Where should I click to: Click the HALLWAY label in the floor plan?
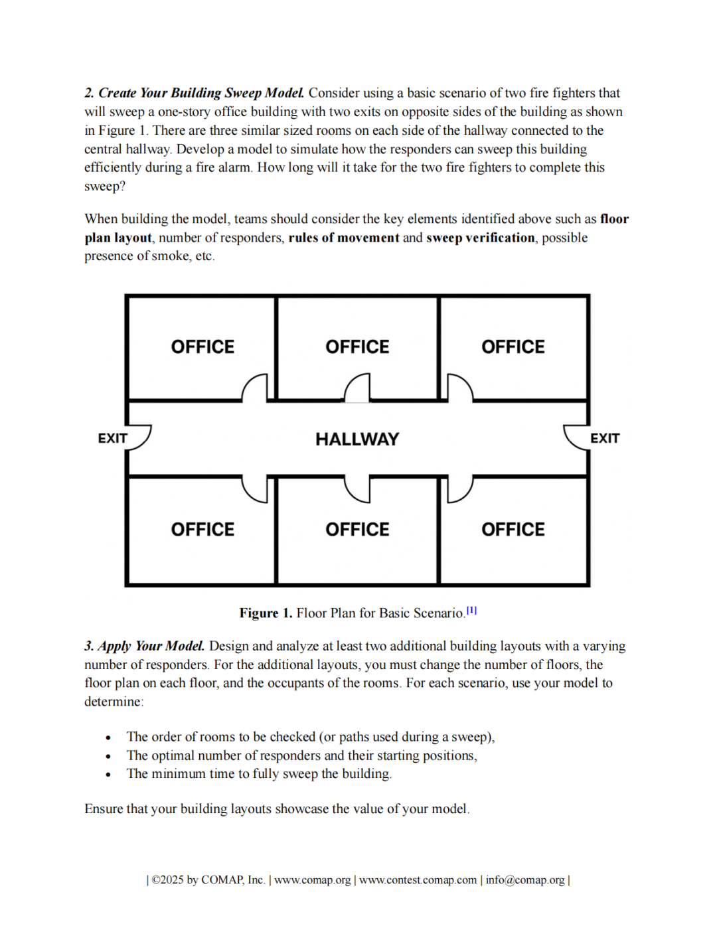click(357, 439)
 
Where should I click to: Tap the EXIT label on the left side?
click(112, 439)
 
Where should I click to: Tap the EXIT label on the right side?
click(605, 439)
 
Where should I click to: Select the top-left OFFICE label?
click(202, 347)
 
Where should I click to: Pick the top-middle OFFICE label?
click(357, 347)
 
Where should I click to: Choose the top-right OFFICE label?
click(513, 347)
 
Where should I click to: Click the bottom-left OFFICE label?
click(202, 530)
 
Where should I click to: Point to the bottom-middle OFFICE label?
click(357, 530)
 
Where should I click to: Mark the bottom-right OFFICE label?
click(513, 530)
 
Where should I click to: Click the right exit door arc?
click(576, 437)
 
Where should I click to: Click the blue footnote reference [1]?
click(471, 611)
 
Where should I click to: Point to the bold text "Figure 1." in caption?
click(266, 613)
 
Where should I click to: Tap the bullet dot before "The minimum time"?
click(108, 775)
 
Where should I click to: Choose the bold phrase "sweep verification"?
click(480, 238)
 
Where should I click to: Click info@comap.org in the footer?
click(524, 880)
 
